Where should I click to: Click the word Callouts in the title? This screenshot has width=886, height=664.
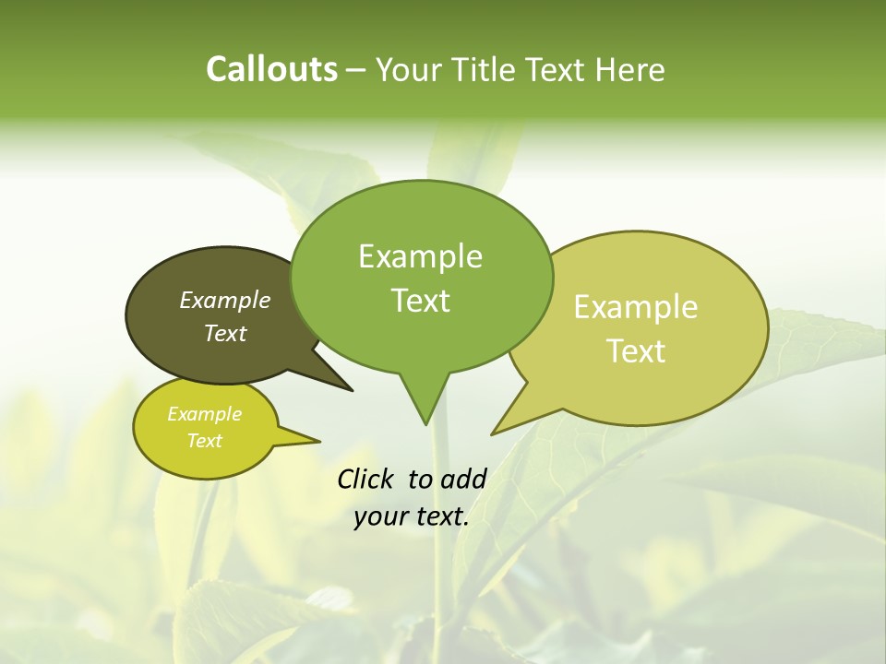pyautogui.click(x=271, y=69)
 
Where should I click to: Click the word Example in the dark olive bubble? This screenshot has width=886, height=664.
pyautogui.click(x=225, y=300)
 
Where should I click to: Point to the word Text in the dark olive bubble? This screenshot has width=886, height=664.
pyautogui.click(x=225, y=333)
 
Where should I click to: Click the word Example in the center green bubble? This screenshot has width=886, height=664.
pyautogui.click(x=420, y=256)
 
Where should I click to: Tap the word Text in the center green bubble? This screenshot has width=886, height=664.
pyautogui.click(x=420, y=300)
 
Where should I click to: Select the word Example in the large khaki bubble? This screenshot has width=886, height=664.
pyautogui.click(x=636, y=307)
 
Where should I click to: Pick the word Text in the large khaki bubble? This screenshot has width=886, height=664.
pyautogui.click(x=636, y=350)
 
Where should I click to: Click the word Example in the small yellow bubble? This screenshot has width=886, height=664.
pyautogui.click(x=204, y=414)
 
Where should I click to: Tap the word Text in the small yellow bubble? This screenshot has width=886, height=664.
pyautogui.click(x=204, y=441)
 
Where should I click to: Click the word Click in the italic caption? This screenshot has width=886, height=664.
pyautogui.click(x=366, y=479)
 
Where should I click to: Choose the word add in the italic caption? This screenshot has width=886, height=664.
pyautogui.click(x=463, y=479)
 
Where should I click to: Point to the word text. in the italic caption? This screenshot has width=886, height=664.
pyautogui.click(x=437, y=516)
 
